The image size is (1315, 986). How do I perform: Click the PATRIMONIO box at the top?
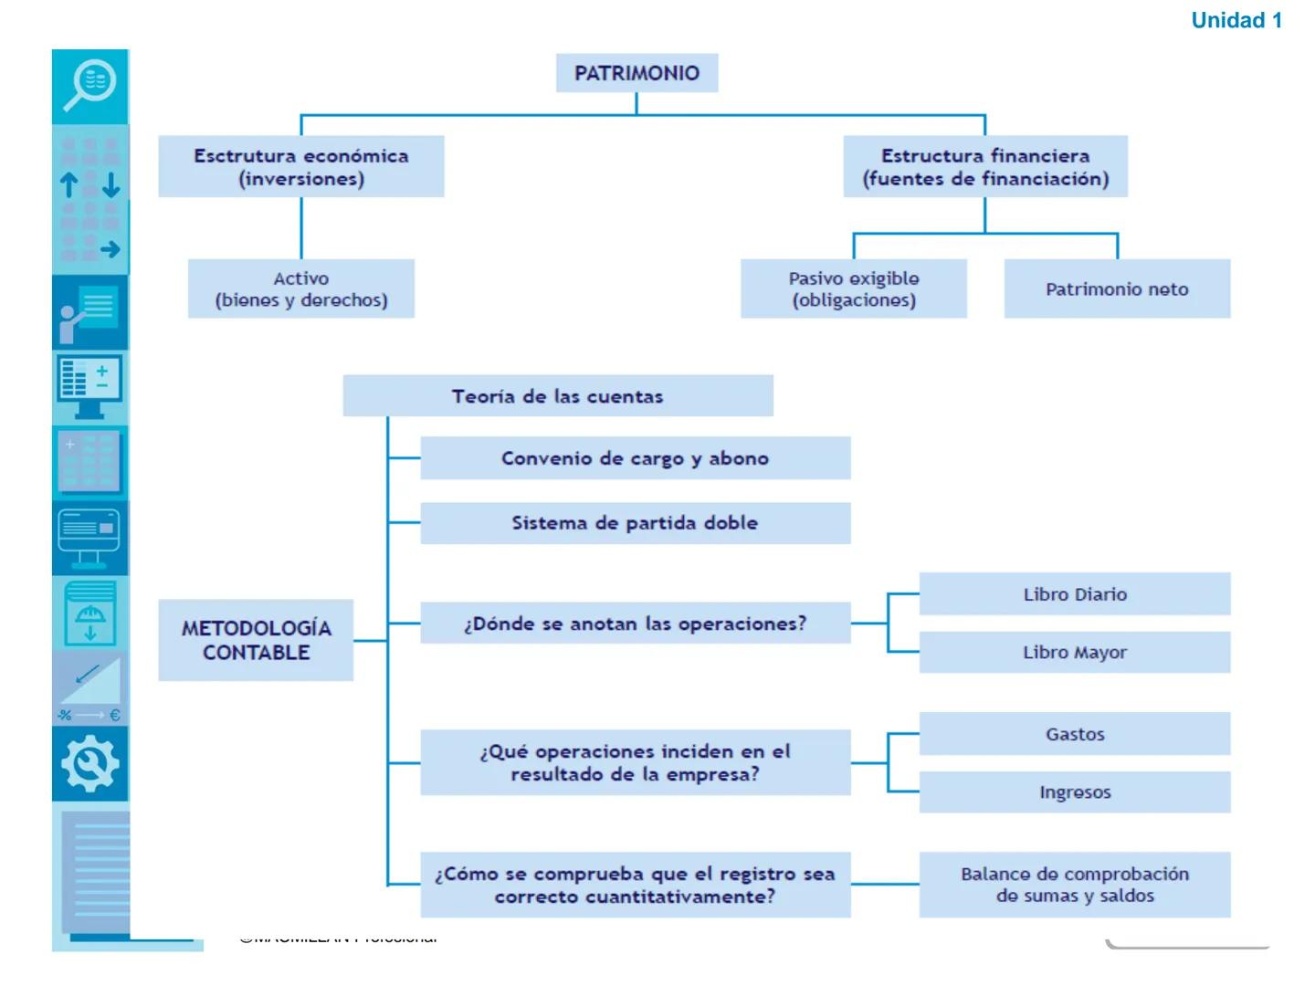tap(636, 73)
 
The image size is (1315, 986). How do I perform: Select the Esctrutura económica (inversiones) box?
tap(301, 167)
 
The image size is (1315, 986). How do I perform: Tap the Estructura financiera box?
tap(985, 167)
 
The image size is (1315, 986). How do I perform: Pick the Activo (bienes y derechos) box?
tap(301, 288)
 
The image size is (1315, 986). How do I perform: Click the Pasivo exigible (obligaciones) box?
tap(854, 288)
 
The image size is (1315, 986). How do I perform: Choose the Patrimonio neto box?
tap(1117, 288)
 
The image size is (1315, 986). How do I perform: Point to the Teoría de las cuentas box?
tap(557, 396)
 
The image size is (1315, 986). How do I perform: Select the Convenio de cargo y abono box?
tap(635, 458)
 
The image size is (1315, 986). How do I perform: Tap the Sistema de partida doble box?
tap(635, 523)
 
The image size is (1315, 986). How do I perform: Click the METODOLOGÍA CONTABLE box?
tap(256, 640)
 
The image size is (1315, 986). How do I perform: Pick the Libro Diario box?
tap(1075, 594)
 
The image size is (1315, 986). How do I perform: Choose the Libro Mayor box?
tap(1075, 653)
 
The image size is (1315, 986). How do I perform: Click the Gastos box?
tap(1075, 734)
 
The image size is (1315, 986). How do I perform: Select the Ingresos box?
tap(1075, 792)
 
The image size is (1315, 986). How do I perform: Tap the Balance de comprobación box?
tap(1075, 885)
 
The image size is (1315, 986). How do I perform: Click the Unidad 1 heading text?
tap(1236, 20)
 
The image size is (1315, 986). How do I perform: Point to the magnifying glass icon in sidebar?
tap(89, 85)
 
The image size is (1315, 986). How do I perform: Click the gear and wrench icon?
tap(89, 764)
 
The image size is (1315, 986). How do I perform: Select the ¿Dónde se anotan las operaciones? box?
tap(635, 624)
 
